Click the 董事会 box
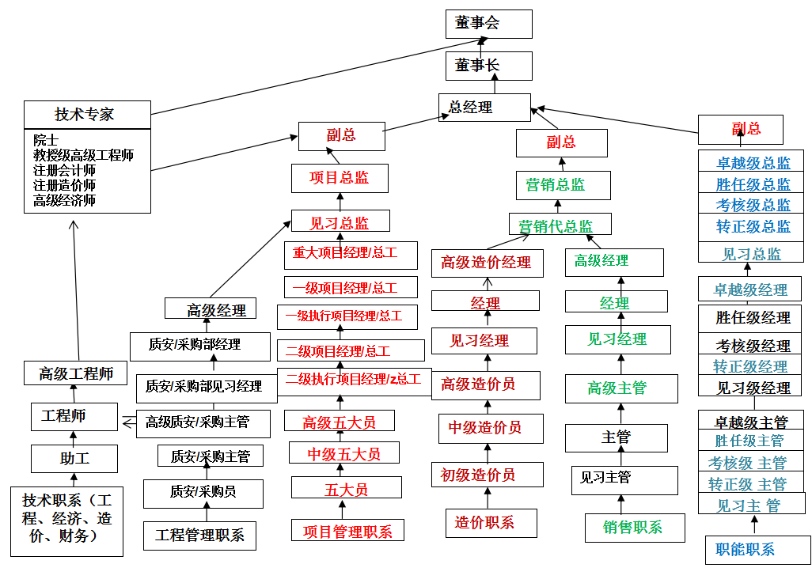(488, 24)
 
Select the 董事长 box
(488, 66)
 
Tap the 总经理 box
(484, 108)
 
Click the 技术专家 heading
(86, 114)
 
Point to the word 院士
(46, 140)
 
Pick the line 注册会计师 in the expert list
(65, 170)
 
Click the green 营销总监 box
(562, 184)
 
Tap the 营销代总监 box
(560, 225)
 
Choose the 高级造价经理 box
(487, 263)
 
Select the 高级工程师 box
(76, 373)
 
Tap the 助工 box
(74, 458)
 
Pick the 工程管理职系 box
(199, 535)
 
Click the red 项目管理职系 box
(347, 531)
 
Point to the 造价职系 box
(484, 523)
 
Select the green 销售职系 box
(634, 528)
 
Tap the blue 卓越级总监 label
(753, 163)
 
